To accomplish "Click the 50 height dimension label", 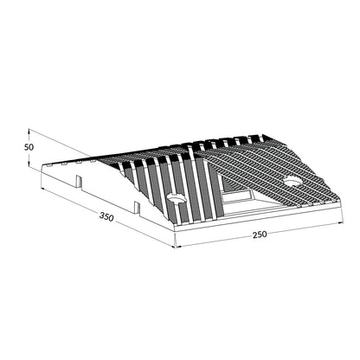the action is (x=29, y=147).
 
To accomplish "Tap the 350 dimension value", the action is (x=106, y=216).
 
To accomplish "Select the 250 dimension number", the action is (x=260, y=235).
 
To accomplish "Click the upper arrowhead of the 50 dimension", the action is (x=29, y=131).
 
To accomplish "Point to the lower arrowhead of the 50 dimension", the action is (x=29, y=164).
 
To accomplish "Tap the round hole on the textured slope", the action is (x=293, y=181).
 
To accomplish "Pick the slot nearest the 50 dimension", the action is (x=79, y=182).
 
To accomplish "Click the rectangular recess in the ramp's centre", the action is (x=237, y=197).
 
